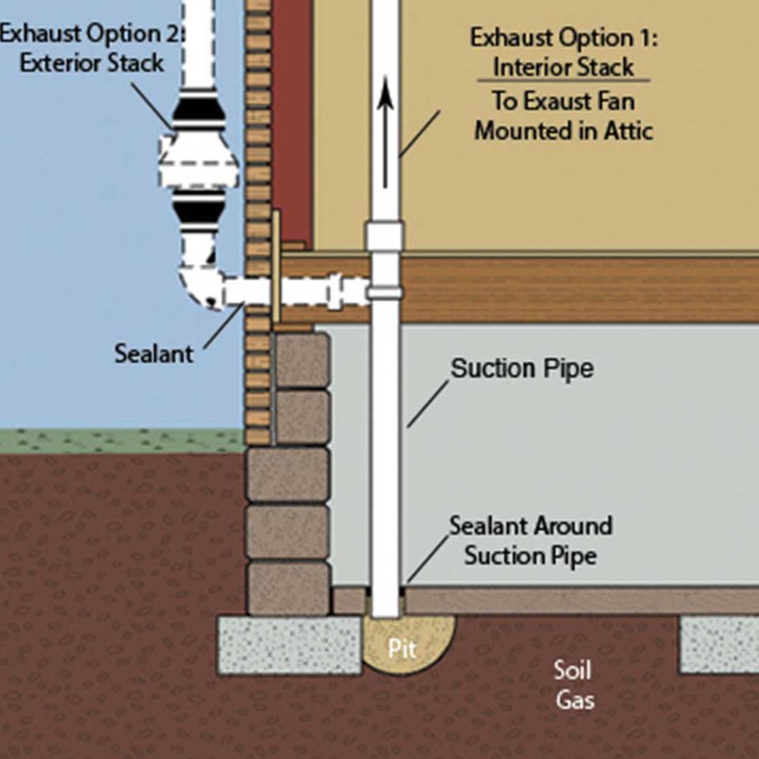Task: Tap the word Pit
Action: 401,648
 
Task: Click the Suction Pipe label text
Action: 522,369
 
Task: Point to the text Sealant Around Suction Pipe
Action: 530,540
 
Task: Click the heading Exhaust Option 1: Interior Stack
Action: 563,51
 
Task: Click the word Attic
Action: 625,130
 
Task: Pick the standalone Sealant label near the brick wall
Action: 153,353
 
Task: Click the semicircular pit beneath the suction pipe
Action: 408,641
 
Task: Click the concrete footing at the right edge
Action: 719,643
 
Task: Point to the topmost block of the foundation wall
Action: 302,359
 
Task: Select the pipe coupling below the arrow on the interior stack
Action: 385,236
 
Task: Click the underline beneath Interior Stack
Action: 563,81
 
